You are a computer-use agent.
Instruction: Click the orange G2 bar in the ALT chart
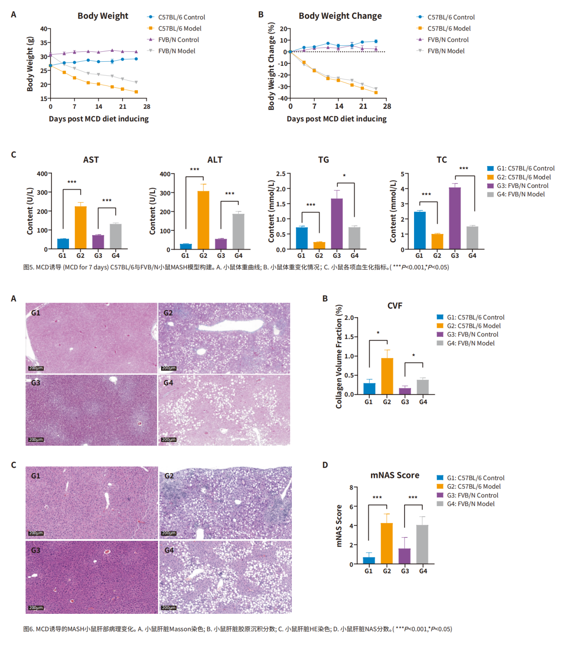[x=203, y=220]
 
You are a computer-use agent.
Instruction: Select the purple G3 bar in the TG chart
[x=337, y=224]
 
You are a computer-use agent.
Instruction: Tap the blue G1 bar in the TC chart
[x=419, y=230]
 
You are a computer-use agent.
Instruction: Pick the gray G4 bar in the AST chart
[x=115, y=236]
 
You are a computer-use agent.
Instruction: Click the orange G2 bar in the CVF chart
[x=387, y=376]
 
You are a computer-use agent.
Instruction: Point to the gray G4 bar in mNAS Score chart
[x=423, y=544]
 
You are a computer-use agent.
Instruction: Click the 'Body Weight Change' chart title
[x=340, y=16]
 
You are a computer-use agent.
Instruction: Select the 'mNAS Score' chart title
[x=395, y=475]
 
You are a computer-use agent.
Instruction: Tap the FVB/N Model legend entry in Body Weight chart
[x=176, y=51]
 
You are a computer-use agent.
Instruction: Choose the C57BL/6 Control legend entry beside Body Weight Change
[x=451, y=17]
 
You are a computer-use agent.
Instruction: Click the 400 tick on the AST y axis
[x=42, y=174]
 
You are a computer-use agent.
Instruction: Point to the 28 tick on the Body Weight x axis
[x=147, y=107]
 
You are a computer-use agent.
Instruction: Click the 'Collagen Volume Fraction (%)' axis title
[x=339, y=357]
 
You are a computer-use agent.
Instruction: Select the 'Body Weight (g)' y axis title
[x=30, y=64]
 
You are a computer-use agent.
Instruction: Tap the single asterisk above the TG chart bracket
[x=344, y=176]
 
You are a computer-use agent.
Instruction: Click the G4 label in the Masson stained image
[x=168, y=383]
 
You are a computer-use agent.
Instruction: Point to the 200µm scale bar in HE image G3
[x=36, y=608]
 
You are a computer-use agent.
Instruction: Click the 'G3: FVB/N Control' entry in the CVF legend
[x=472, y=335]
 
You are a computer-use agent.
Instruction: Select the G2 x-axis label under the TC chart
[x=437, y=256]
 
